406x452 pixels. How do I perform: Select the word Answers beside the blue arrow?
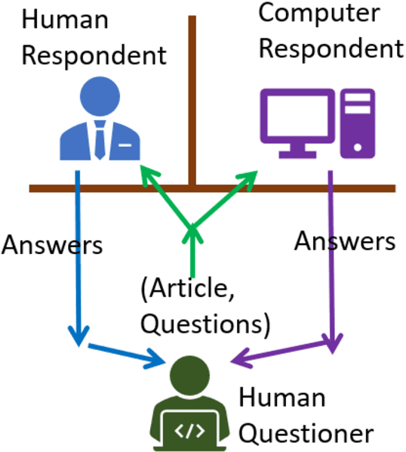point(52,245)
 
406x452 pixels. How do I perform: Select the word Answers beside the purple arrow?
point(344,241)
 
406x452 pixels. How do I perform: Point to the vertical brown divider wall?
point(192,91)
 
